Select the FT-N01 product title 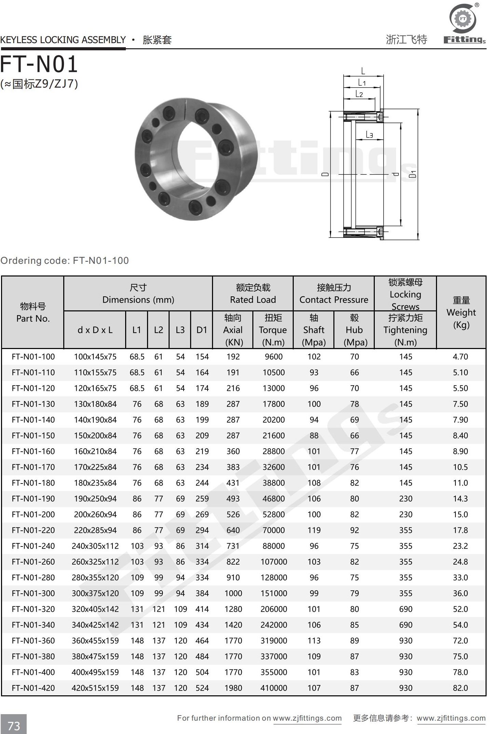click(x=39, y=64)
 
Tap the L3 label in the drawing click(x=369, y=135)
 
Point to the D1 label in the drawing click(x=413, y=174)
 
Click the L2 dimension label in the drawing click(x=359, y=94)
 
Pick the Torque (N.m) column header click(x=273, y=330)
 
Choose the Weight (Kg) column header click(x=461, y=312)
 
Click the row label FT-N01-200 click(x=33, y=514)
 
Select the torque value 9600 click(x=274, y=357)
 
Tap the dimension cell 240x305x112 click(x=95, y=546)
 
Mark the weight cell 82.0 click(x=460, y=688)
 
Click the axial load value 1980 click(x=233, y=688)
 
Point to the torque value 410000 click(x=274, y=688)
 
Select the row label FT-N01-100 click(x=33, y=357)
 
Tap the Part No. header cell click(x=33, y=312)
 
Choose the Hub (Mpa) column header click(x=354, y=330)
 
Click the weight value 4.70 click(x=460, y=357)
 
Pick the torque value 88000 click(x=274, y=546)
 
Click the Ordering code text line click(x=65, y=260)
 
